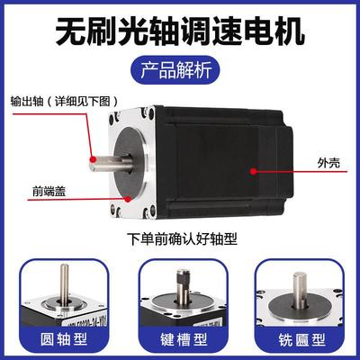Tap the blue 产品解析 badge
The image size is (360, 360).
[x=180, y=69]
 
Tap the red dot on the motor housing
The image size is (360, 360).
[x=255, y=167]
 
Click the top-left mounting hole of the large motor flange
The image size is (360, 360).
[x=117, y=116]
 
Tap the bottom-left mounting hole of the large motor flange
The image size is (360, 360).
[x=115, y=211]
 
